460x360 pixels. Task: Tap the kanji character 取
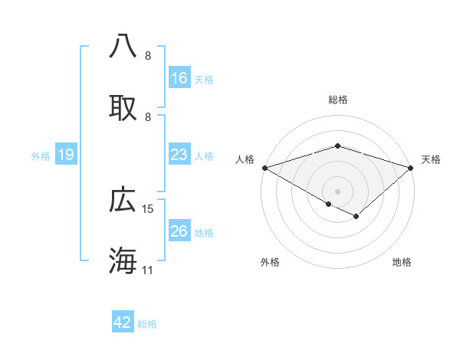(x=123, y=107)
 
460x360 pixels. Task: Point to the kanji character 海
(x=123, y=260)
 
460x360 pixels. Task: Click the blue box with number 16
(x=179, y=78)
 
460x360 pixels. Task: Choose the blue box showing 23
(x=179, y=155)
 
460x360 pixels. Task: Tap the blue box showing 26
(x=179, y=232)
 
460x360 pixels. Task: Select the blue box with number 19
(x=66, y=155)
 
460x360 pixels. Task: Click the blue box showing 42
(x=123, y=323)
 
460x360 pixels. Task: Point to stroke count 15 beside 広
(x=149, y=209)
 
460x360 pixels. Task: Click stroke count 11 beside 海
(x=148, y=270)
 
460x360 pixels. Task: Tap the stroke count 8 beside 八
(x=148, y=56)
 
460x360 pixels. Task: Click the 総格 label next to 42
(x=148, y=324)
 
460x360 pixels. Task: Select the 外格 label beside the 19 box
(x=41, y=156)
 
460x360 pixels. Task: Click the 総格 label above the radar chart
(x=337, y=100)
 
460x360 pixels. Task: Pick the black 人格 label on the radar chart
(x=245, y=159)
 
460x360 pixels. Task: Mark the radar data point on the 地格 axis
(x=356, y=217)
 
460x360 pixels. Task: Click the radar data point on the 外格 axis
(x=329, y=204)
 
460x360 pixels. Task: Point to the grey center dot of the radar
(x=337, y=191)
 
